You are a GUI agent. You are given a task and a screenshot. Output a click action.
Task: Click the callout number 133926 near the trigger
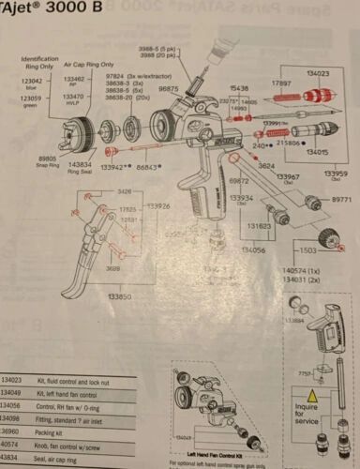[x=157, y=205]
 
